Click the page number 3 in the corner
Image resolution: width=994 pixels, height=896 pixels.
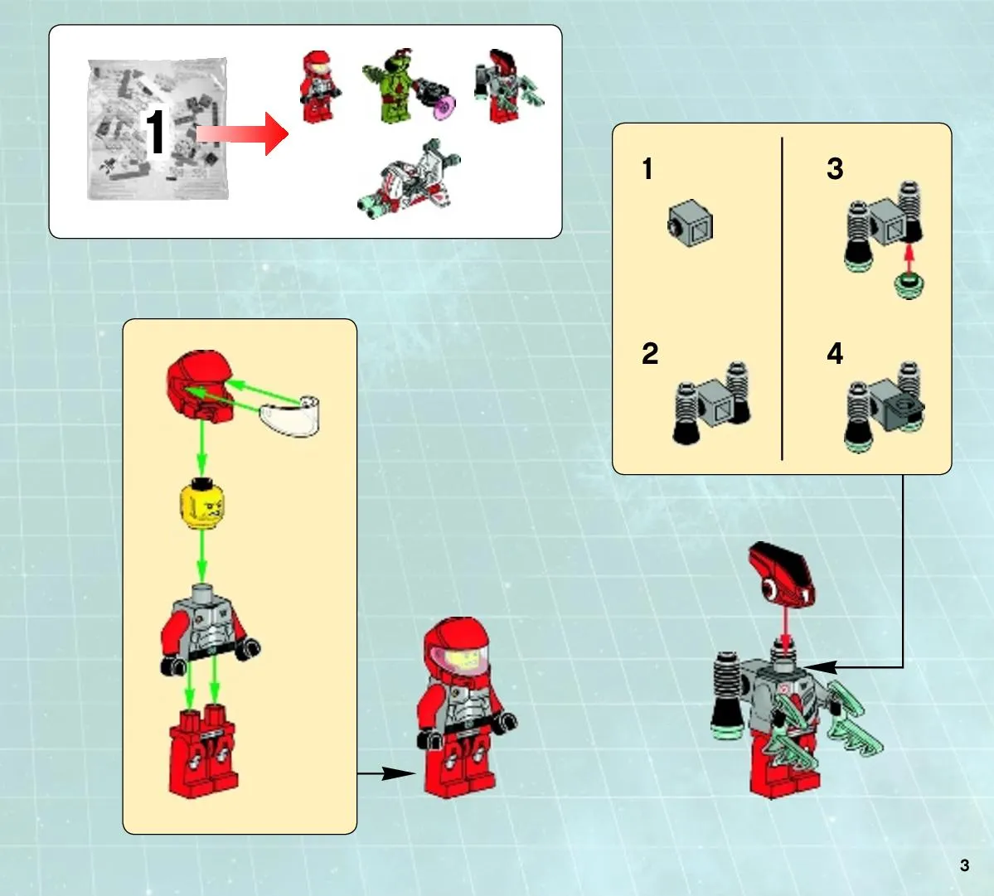click(964, 865)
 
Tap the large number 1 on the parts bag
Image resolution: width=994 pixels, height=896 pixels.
click(155, 131)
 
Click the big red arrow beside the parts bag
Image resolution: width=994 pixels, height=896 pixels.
click(242, 133)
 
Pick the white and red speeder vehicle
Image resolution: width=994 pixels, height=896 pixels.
click(410, 181)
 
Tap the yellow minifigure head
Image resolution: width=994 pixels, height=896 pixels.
click(202, 504)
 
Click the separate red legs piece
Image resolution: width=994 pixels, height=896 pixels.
click(203, 752)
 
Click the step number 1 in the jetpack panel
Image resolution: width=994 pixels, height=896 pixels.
click(647, 169)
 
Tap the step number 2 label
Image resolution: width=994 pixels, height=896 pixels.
click(650, 354)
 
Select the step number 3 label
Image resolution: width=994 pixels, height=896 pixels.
click(835, 169)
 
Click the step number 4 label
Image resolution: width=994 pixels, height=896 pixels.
click(835, 354)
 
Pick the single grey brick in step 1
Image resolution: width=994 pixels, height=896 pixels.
click(691, 223)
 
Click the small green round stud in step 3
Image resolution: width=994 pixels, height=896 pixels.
click(909, 284)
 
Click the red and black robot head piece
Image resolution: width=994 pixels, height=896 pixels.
click(781, 574)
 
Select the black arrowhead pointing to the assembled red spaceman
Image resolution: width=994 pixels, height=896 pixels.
click(400, 773)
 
